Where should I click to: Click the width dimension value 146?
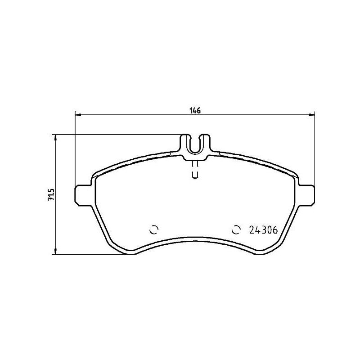195,110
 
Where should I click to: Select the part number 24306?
262,229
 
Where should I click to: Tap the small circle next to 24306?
236,229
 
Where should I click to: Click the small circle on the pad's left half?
153,229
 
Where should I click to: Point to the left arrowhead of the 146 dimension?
76,115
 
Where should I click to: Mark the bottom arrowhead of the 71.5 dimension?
56,252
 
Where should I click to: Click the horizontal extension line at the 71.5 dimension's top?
117,134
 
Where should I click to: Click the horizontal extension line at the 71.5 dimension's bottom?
90,255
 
